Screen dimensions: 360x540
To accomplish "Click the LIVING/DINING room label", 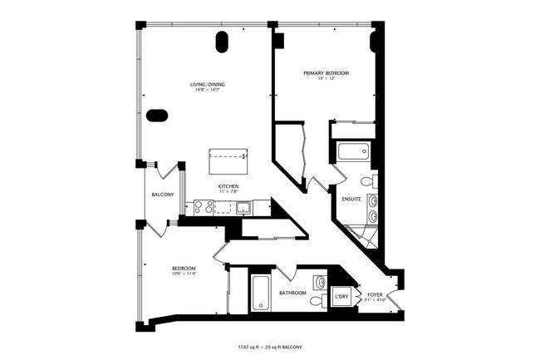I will click(x=208, y=84).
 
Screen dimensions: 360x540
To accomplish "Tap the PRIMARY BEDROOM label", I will click(x=326, y=73).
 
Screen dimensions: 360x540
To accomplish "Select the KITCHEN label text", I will click(x=228, y=185).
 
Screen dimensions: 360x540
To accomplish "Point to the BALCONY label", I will click(x=162, y=195).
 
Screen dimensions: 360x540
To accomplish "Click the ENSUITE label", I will click(x=351, y=200).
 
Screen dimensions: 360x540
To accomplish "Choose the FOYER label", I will click(x=375, y=294).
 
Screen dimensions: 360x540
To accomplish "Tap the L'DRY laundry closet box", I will click(x=341, y=295).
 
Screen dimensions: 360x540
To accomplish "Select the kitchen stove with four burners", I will click(x=204, y=208).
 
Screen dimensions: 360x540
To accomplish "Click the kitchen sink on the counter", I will click(x=243, y=208).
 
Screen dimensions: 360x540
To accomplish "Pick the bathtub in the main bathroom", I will click(x=259, y=293).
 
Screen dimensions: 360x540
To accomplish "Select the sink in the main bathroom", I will click(x=320, y=282).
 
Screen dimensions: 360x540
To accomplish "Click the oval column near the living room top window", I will click(x=223, y=42).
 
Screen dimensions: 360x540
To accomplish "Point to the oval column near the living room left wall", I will click(x=156, y=116).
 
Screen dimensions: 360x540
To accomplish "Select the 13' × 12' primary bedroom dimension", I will click(x=326, y=80).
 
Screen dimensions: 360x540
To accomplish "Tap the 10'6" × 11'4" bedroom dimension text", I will click(x=184, y=274).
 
